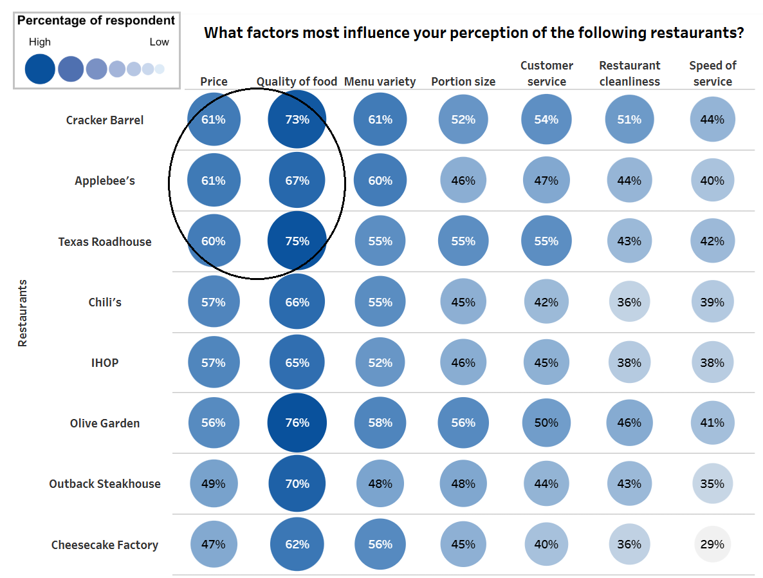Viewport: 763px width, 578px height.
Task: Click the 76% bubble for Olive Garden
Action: [x=297, y=423]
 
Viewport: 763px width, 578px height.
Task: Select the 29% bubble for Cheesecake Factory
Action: [x=712, y=544]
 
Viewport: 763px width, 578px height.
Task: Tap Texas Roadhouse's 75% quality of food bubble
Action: [x=297, y=241]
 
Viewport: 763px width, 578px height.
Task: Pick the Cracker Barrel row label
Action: [x=105, y=120]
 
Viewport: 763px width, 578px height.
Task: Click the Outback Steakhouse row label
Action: [x=105, y=484]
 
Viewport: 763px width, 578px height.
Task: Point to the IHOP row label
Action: [x=105, y=363]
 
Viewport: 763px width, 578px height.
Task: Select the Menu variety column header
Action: [x=380, y=82]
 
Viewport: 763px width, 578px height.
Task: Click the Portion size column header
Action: [x=463, y=82]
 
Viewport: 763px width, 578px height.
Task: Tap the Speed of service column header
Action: [x=713, y=73]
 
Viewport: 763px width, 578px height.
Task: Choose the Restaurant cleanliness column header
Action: [x=629, y=73]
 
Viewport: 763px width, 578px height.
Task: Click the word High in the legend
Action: [x=40, y=42]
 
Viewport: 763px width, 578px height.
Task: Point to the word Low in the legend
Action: [x=159, y=42]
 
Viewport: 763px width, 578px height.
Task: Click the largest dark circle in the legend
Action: [x=40, y=69]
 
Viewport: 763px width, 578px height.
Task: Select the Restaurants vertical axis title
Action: [x=23, y=313]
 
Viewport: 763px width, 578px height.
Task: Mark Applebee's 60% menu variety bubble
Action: [x=380, y=181]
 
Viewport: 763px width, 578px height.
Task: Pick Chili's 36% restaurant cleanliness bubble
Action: [x=629, y=302]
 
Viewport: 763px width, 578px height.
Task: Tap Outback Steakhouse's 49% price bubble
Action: [x=214, y=484]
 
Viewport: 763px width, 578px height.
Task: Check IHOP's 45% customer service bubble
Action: [x=546, y=363]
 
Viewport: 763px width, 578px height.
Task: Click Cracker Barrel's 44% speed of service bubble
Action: [x=712, y=120]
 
